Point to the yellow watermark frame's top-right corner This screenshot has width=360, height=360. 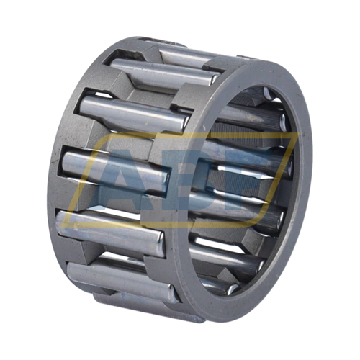[x=298, y=134]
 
